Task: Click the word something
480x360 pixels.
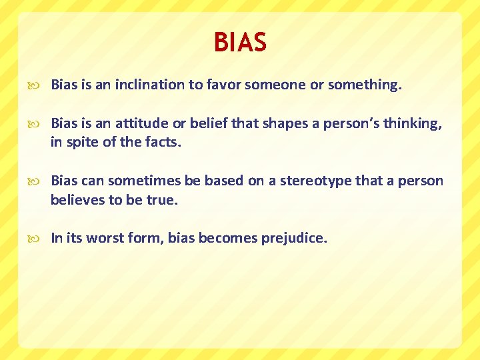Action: pos(364,85)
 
